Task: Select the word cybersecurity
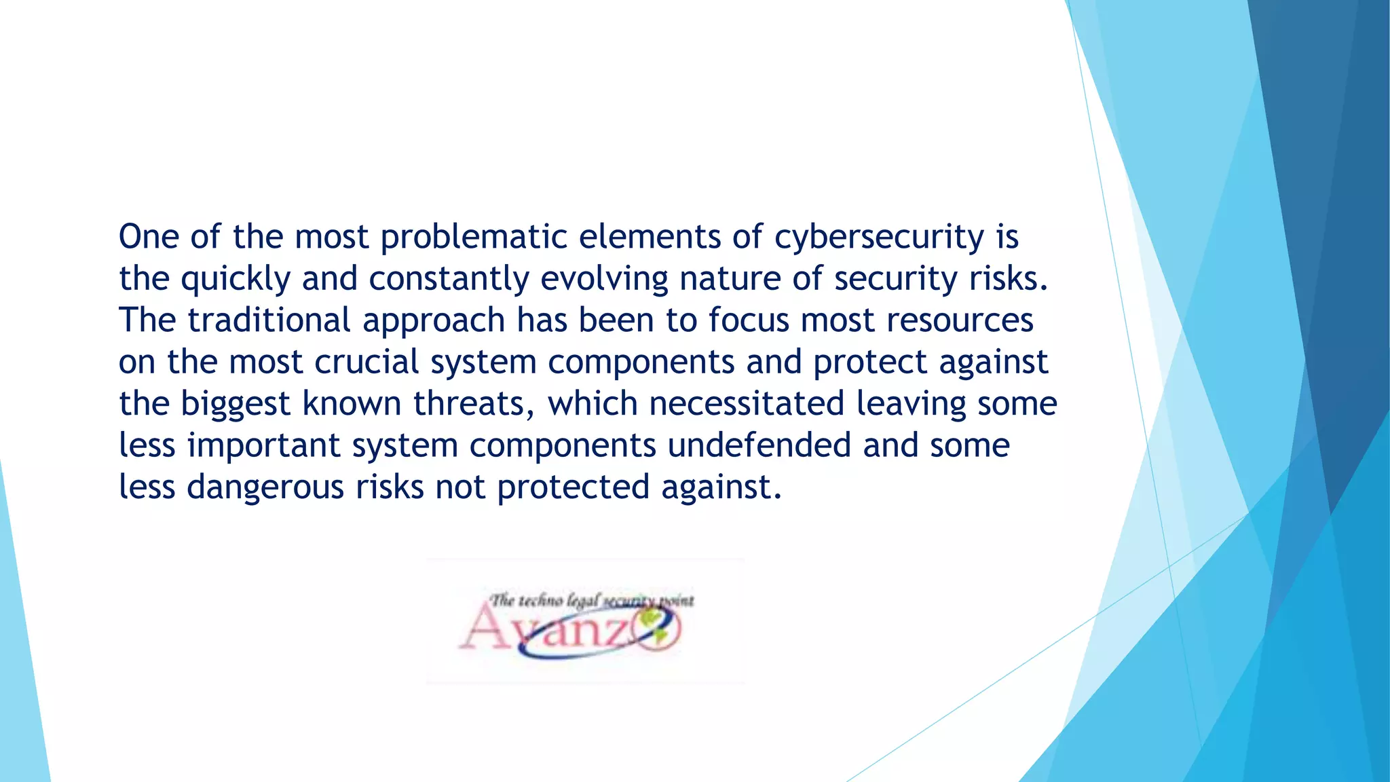pyautogui.click(x=879, y=238)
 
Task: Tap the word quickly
pyautogui.click(x=236, y=279)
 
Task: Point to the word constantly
pyautogui.click(x=449, y=279)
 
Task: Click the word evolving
pyautogui.click(x=604, y=279)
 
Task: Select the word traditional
pyautogui.click(x=269, y=320)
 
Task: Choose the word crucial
pyautogui.click(x=367, y=362)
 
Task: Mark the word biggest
pyautogui.click(x=236, y=405)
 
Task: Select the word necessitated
pyautogui.click(x=747, y=404)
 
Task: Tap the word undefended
pyautogui.click(x=759, y=446)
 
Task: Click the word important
pyautogui.click(x=264, y=446)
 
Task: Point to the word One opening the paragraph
pyautogui.click(x=149, y=237)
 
